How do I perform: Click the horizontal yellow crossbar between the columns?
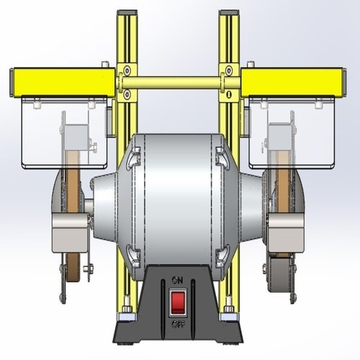pos(177,83)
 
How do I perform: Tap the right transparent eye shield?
pos(292,133)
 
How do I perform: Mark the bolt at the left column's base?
pos(127,311)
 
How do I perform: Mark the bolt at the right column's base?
pos(228,311)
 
